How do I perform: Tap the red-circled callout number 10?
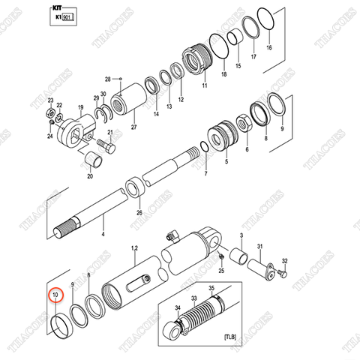(x=53, y=296)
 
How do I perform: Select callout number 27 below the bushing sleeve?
(x=134, y=128)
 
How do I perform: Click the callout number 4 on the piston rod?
(x=103, y=235)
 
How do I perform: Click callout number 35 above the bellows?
(x=211, y=288)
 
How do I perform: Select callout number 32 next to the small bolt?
(x=283, y=260)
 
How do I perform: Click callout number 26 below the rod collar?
(x=138, y=212)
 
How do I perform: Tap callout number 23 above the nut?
(x=50, y=100)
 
